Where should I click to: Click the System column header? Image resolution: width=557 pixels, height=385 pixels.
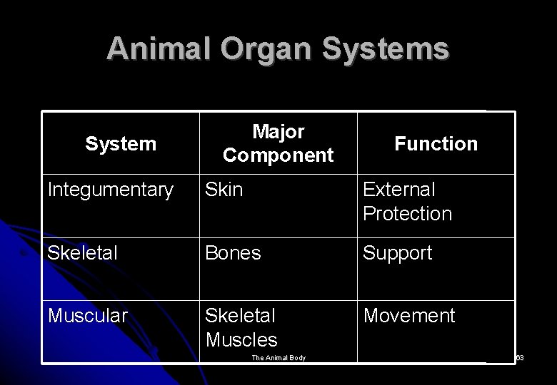point(120,144)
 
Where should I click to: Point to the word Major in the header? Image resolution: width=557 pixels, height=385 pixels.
point(278,132)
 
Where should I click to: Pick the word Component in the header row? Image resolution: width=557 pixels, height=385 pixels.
point(278,155)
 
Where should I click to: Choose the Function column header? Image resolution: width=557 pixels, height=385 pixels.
point(436,144)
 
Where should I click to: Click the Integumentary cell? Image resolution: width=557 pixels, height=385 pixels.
point(110,190)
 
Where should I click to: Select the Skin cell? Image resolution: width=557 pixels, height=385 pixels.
point(224,190)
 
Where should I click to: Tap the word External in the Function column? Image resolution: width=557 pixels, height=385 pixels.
point(398,190)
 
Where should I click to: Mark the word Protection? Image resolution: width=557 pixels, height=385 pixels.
point(407,214)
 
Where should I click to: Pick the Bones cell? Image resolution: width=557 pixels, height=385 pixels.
point(232,253)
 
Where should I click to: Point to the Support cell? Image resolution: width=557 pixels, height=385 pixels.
point(398,253)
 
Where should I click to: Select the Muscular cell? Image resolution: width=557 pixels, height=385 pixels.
point(88,316)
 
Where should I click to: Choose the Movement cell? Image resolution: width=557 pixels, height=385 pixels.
point(409,316)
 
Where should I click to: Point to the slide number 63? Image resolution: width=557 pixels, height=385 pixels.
point(520,357)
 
